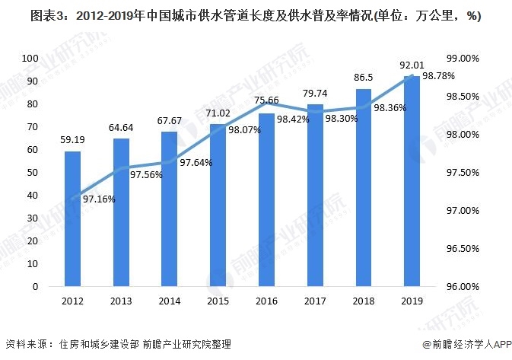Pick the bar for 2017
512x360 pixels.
[315, 196]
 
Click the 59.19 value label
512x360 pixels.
[72, 140]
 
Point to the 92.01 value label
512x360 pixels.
[412, 65]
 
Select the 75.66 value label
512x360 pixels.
[266, 100]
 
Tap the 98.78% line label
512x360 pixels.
[438, 76]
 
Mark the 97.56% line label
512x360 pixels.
[145, 174]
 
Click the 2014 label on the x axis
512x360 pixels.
[170, 301]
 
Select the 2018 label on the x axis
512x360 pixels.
[363, 301]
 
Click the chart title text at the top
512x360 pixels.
[256, 16]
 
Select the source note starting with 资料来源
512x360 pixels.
[114, 346]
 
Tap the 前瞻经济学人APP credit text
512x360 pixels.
[463, 346]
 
